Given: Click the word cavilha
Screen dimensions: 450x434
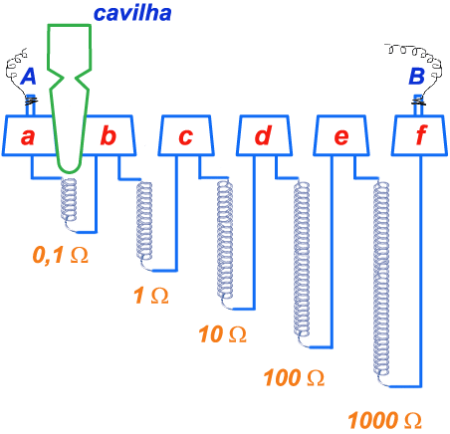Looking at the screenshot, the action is [132, 13].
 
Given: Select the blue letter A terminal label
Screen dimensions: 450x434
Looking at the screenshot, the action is [29, 77].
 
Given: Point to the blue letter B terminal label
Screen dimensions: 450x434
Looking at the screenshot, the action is [416, 76].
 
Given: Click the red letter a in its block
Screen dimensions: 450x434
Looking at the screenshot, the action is [28, 136].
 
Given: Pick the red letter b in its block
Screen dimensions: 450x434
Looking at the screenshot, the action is [109, 135].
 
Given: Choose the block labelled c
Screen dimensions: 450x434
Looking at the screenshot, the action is [186, 135].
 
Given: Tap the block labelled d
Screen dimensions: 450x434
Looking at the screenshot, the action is [264, 135].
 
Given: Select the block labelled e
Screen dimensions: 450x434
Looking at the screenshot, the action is [341, 135].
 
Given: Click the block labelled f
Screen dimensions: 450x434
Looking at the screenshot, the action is [419, 135].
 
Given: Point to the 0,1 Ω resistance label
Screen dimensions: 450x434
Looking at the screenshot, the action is [61, 256].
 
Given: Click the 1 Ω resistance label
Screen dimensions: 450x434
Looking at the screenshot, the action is [151, 296].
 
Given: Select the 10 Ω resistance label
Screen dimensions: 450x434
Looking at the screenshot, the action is [222, 333].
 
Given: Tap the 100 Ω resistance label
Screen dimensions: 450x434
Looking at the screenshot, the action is [294, 377].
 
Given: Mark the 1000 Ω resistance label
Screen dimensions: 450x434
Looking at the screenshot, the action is [385, 420].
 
